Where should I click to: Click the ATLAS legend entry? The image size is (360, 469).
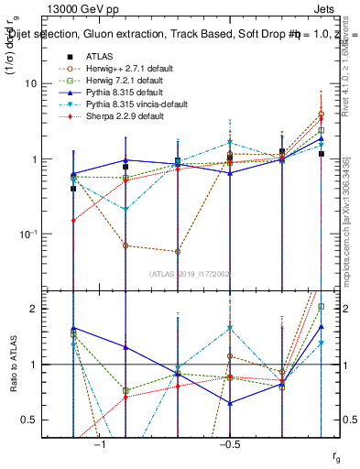pyautogui.click(x=99, y=56)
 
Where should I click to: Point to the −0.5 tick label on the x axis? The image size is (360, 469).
pyautogui.click(x=229, y=446)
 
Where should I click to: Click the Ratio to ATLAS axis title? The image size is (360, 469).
pyautogui.click(x=16, y=364)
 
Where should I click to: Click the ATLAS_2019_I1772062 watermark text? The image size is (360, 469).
pyautogui.click(x=191, y=274)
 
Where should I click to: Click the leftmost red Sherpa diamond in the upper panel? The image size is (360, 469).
pyautogui.click(x=73, y=221)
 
